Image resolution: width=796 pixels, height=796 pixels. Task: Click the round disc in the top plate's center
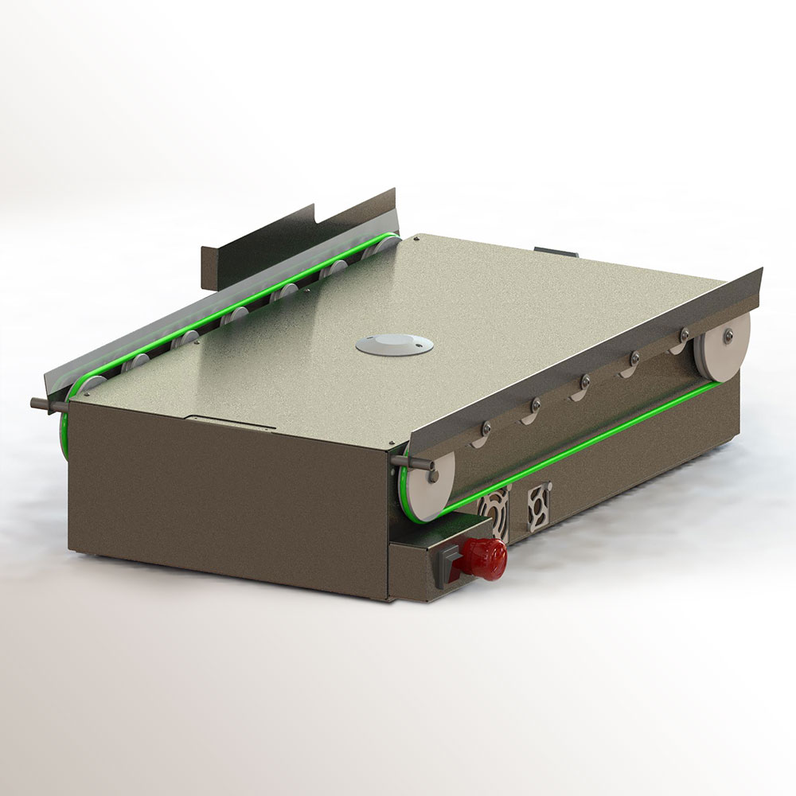[395, 345]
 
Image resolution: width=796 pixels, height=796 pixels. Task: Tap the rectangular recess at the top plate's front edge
[231, 421]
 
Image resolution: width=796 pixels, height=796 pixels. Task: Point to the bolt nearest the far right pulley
[683, 335]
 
